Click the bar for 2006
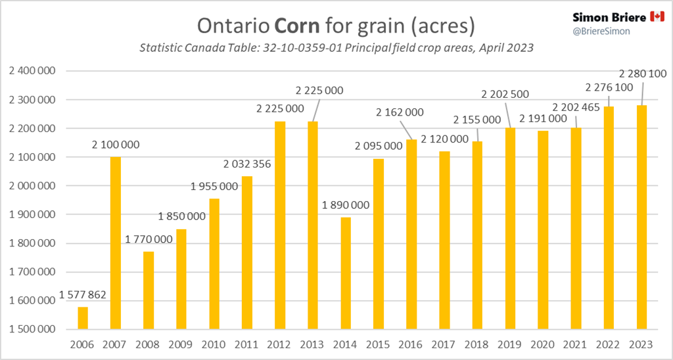pos(83,318)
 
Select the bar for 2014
pos(346,273)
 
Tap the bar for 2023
pos(641,217)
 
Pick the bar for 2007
pos(116,243)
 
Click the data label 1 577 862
pos(83,295)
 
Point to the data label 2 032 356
pos(247,164)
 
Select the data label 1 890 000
pos(346,204)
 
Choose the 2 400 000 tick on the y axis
pos(32,71)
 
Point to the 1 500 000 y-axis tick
pos(32,329)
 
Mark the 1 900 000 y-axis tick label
pos(32,214)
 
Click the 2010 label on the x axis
pos(214,344)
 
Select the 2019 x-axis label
pos(510,344)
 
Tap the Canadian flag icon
pos(657,16)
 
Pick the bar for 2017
pos(444,240)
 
